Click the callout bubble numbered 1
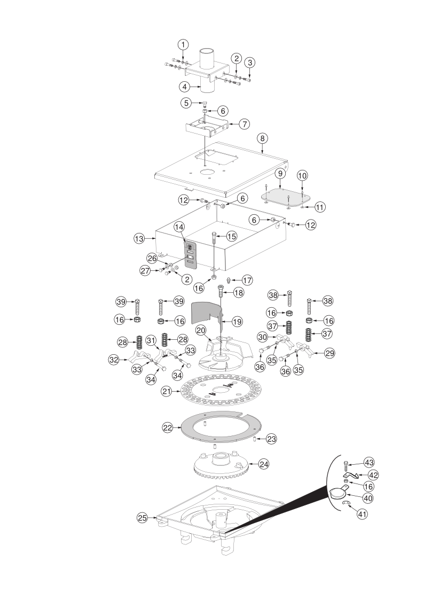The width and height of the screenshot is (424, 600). click(x=183, y=44)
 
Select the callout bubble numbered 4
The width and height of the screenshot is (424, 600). click(x=185, y=87)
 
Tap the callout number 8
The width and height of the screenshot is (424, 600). click(x=262, y=138)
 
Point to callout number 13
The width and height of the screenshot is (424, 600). click(x=139, y=239)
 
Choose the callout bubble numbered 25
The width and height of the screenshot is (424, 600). click(x=142, y=518)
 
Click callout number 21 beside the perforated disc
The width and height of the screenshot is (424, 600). click(x=166, y=392)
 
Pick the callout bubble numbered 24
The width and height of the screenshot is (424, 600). click(x=264, y=464)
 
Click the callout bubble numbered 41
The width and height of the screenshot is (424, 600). click(x=362, y=514)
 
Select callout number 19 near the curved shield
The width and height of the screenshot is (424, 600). click(x=237, y=322)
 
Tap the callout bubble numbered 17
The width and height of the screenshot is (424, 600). click(x=247, y=280)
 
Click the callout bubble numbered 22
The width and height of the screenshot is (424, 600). click(x=168, y=428)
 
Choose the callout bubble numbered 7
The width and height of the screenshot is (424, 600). click(x=244, y=124)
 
